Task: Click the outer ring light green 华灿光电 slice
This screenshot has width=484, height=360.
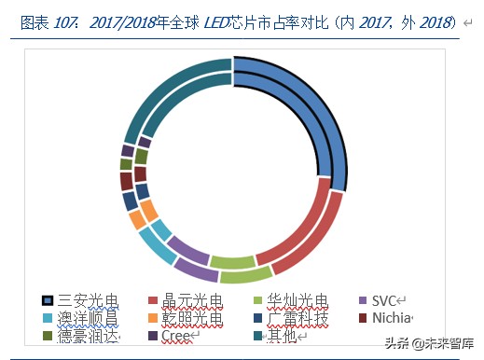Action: coord(245,275)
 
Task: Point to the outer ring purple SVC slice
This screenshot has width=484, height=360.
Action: coord(195,269)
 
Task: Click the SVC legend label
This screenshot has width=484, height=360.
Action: coord(384,300)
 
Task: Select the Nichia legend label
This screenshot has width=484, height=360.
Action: coord(391,318)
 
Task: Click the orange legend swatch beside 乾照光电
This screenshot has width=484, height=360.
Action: coord(154,319)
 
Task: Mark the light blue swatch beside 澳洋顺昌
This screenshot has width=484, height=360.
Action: coord(48,319)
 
